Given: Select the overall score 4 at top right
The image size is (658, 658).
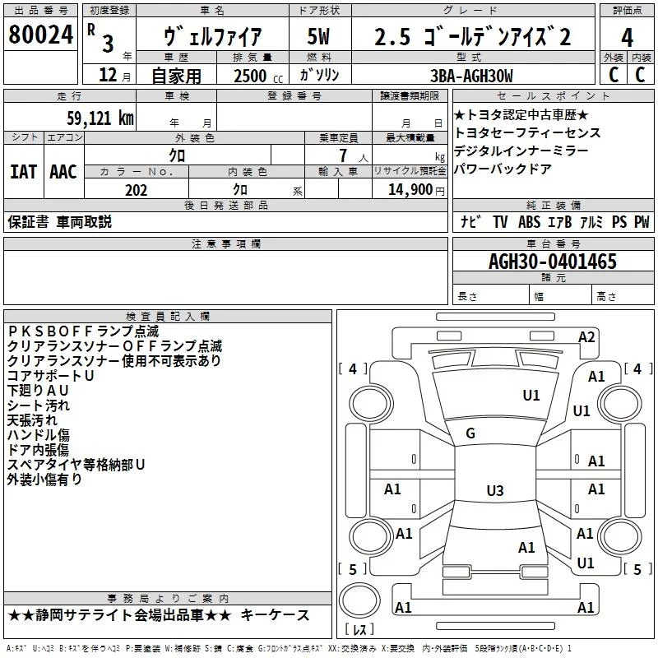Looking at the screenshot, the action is coord(628,38).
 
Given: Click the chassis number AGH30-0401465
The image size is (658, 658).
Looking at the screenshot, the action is coord(552,262).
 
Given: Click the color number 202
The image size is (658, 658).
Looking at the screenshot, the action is coord(136,191).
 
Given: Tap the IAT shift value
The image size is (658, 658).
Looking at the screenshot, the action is coord(23,171).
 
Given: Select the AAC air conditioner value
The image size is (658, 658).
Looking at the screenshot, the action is coord(63,171).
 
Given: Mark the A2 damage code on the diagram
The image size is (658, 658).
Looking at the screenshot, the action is coord(586,336).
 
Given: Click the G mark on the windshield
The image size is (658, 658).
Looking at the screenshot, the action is coord(470,433).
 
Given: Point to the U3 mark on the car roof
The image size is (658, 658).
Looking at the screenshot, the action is coord(494,491).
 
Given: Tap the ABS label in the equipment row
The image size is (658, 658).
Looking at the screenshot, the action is coord(530,222).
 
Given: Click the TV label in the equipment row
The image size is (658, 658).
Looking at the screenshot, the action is coord(500,222).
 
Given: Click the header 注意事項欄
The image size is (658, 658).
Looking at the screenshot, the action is coord(225,243).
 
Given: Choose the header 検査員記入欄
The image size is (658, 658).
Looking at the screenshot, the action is coord(168,316).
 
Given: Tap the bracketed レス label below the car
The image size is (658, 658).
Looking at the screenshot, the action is coord(359,631).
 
